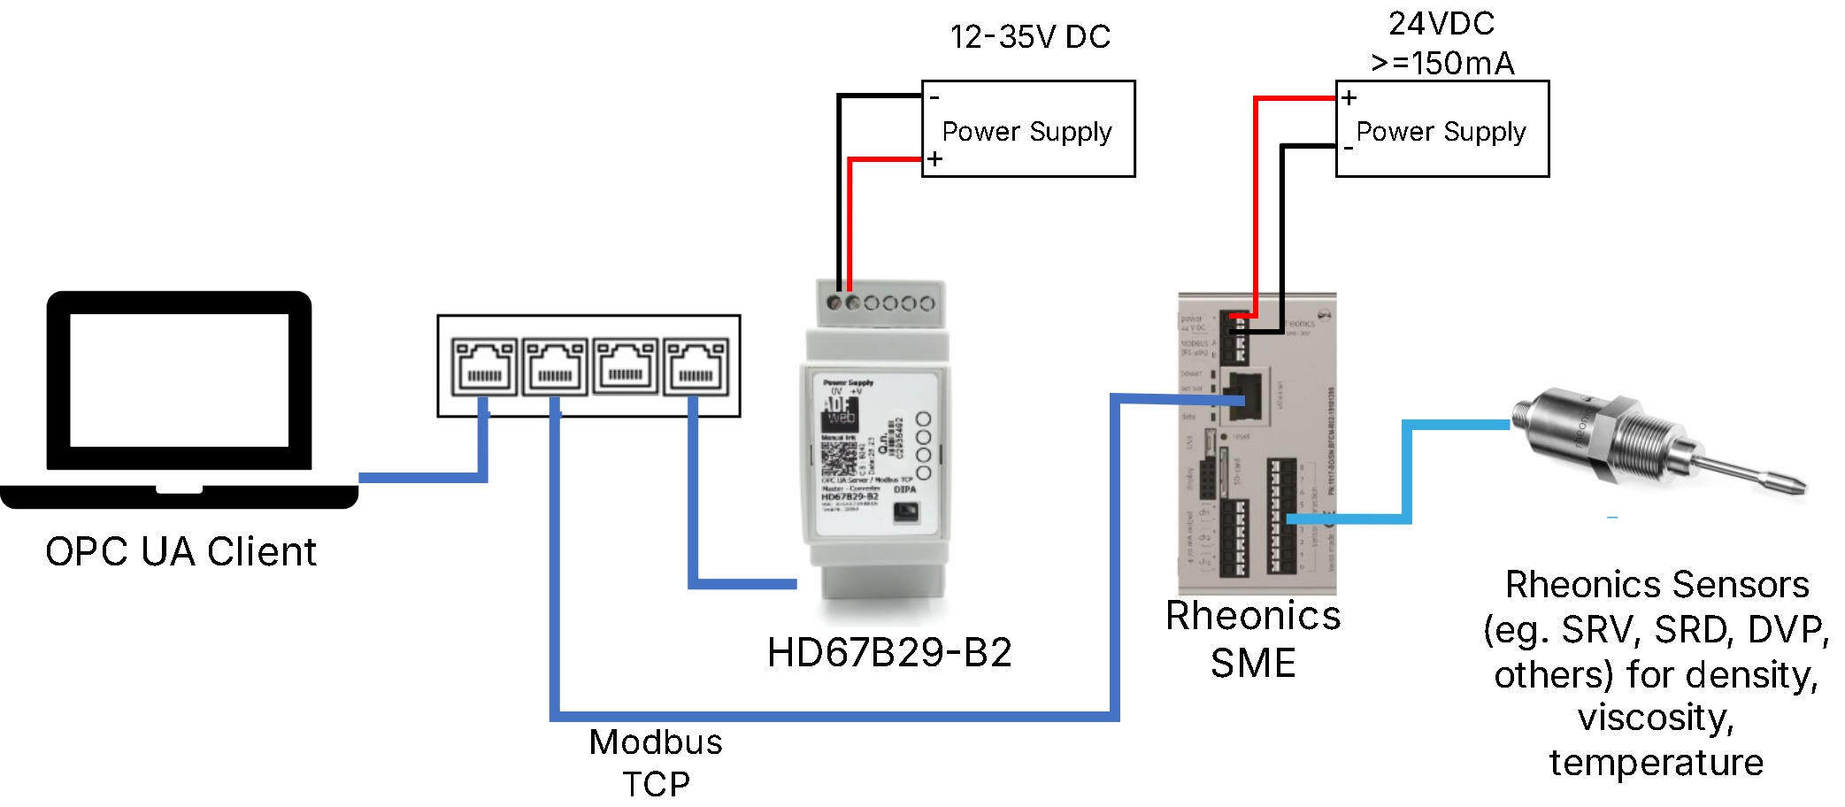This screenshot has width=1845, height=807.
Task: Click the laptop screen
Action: point(179,380)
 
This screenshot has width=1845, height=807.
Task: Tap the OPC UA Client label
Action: point(181,552)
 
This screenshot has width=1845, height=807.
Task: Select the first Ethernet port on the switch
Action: point(484,366)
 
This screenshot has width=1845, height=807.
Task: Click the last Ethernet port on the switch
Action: point(696,366)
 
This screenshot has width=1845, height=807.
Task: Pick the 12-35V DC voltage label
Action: point(1030,37)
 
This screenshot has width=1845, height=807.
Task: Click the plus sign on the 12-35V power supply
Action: point(934,160)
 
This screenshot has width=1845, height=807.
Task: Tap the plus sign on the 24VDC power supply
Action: point(1349,98)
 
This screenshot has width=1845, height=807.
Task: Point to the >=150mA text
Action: point(1442,64)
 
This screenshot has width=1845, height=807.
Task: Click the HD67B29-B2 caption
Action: point(889,653)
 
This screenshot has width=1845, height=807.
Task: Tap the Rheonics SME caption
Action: point(1253,639)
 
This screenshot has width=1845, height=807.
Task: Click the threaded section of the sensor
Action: point(1655,442)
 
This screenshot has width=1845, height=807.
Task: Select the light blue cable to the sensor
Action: point(1407,469)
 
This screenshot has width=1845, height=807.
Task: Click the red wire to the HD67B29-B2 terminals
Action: point(849,221)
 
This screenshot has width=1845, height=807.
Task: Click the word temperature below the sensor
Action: point(1656,763)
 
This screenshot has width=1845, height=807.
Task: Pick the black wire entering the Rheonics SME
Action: point(1281,239)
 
